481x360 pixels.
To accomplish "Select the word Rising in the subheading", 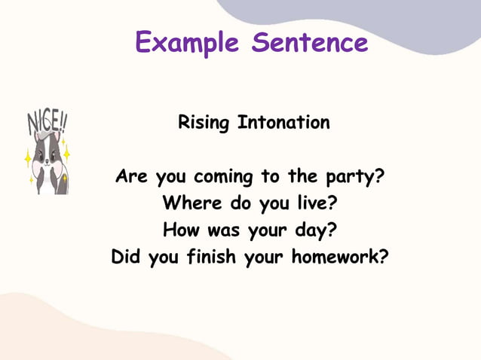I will (204, 122).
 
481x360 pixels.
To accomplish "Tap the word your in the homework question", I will (263, 258).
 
